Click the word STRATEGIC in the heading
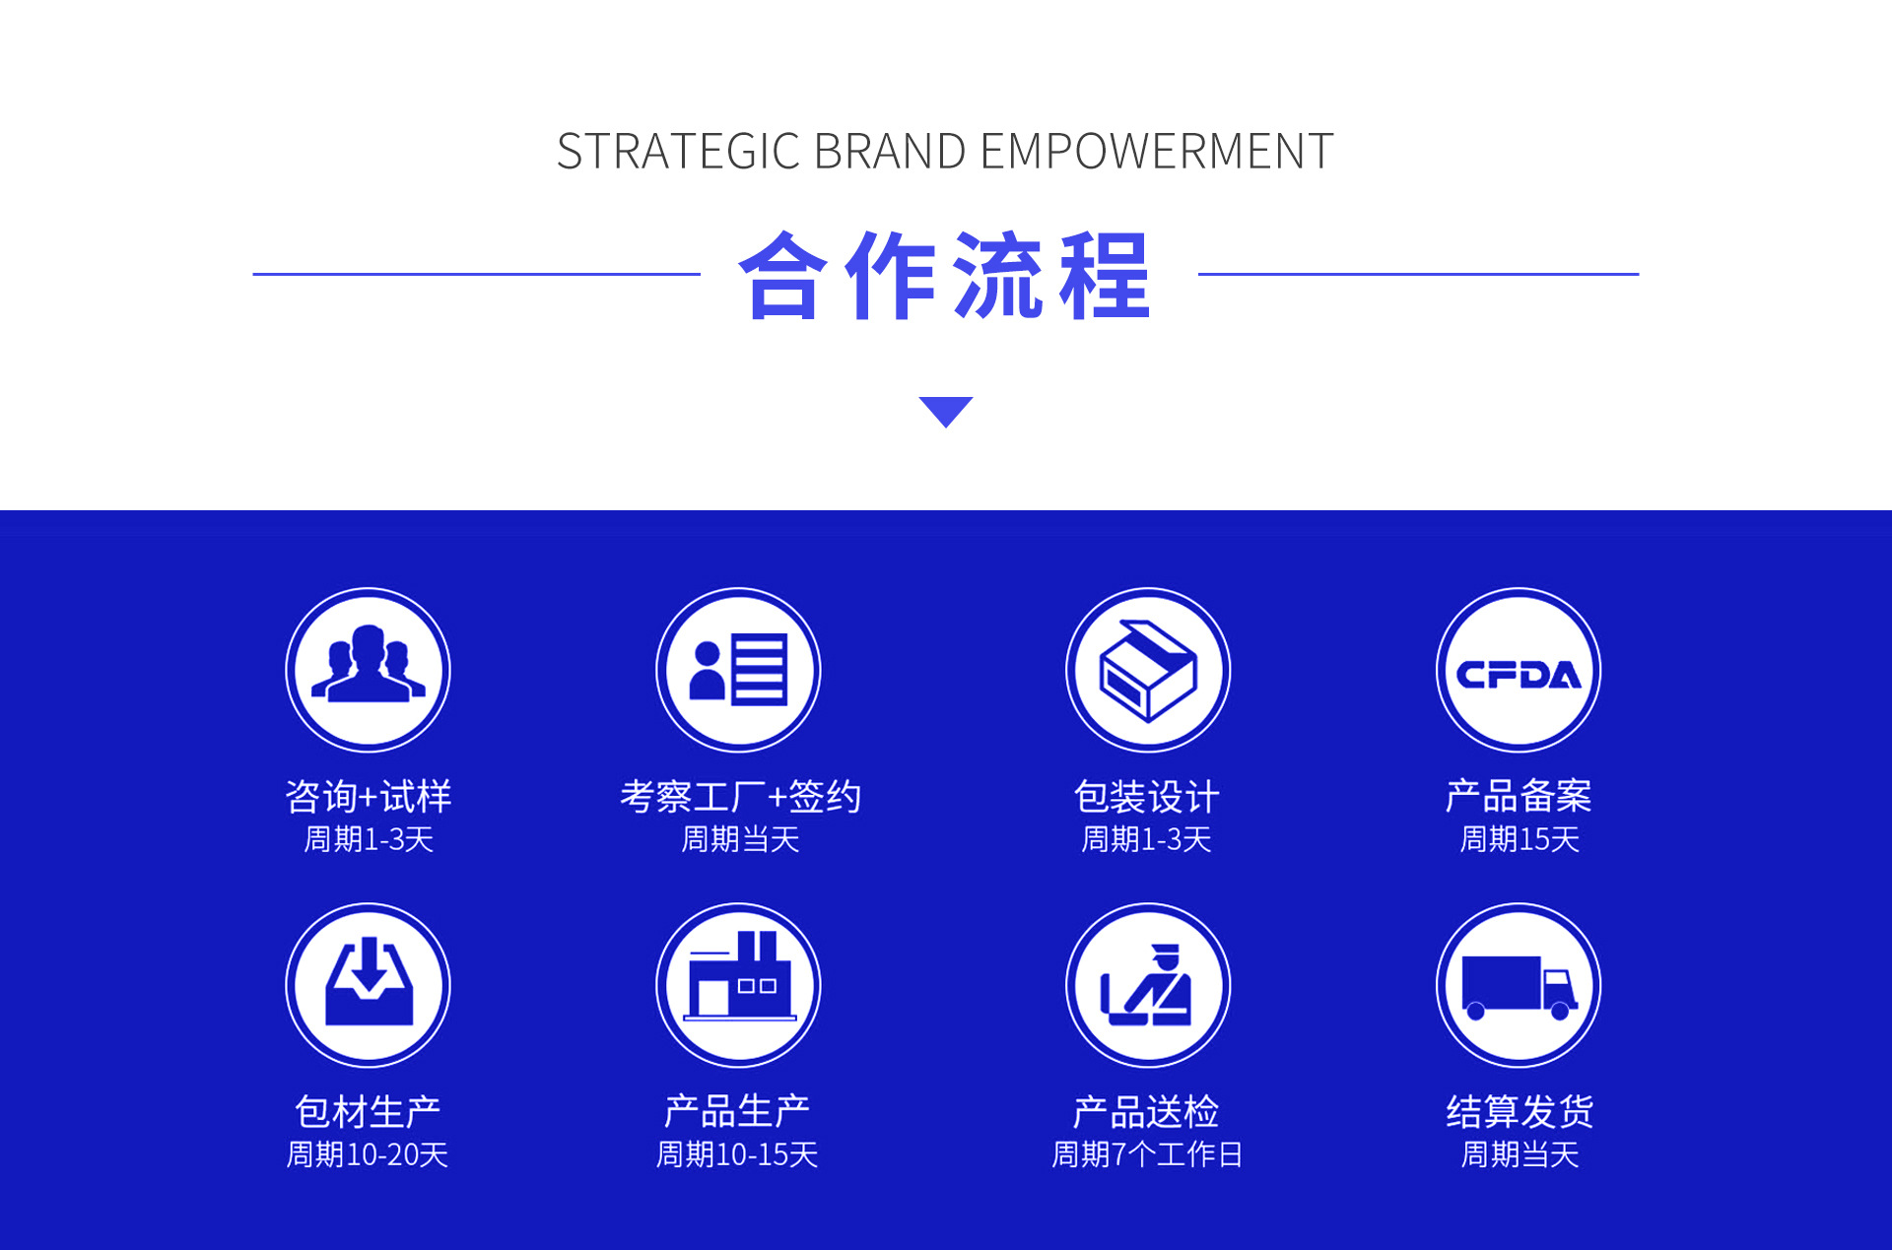678,152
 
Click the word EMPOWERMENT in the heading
1157,152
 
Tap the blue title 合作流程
945,276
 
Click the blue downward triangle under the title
946,412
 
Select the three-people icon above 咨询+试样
369,670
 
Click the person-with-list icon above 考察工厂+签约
739,670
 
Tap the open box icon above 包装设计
1148,670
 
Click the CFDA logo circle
1519,670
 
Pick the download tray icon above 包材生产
369,985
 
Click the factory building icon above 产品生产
739,985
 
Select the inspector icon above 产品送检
1148,985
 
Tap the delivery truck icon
1519,985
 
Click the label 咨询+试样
369,796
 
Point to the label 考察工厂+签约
740,796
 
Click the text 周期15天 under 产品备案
1520,839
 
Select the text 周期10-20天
368,1154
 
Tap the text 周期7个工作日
1148,1154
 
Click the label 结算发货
1520,1111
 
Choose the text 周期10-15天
738,1154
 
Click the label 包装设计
1147,796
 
